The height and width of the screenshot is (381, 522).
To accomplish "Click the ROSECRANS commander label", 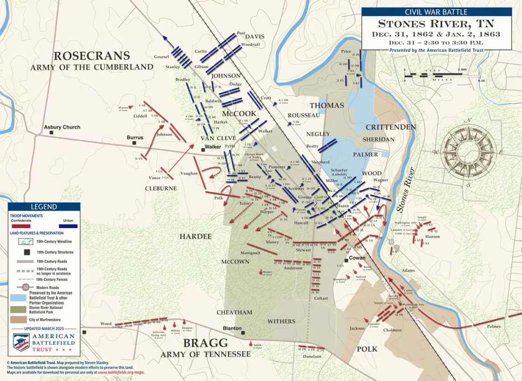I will tap(91, 56).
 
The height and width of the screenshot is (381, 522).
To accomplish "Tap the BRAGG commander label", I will tap(206, 343).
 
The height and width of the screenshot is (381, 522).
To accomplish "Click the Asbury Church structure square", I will tap(52, 132).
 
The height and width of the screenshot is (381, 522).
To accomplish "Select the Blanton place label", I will tap(232, 328).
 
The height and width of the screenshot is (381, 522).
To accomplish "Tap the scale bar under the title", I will tap(435, 75).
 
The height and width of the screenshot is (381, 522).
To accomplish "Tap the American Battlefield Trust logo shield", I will tap(21, 342).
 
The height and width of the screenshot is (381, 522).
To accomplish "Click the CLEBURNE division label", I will tap(161, 188).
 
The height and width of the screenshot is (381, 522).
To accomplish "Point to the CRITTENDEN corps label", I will tap(391, 127).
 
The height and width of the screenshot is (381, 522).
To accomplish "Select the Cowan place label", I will tap(357, 258).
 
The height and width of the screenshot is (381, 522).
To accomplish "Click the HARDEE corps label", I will tap(195, 237).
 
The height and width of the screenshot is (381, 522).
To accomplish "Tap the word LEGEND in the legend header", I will tap(44, 207).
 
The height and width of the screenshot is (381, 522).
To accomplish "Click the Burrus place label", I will tap(135, 138).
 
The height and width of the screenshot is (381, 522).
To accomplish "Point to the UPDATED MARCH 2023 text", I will tap(44, 329).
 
